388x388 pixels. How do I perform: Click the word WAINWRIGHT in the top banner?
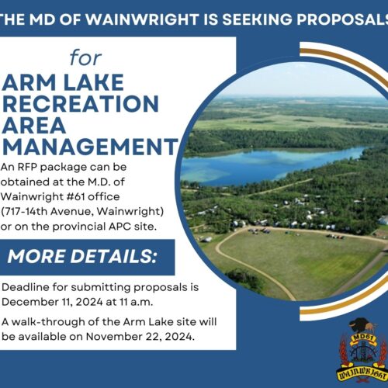(142, 19)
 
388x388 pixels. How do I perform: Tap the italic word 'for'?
(85, 57)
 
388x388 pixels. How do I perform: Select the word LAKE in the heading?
(94, 82)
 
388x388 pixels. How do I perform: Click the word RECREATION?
(80, 103)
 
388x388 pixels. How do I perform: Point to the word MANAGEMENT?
(90, 147)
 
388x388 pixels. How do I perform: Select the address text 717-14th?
(26, 212)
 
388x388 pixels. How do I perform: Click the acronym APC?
(120, 227)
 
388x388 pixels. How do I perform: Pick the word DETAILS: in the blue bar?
(113, 256)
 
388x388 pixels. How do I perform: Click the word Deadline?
(26, 287)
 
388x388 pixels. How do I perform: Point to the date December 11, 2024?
(52, 302)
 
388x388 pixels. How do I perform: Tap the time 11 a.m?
(136, 302)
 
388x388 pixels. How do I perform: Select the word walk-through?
(48, 322)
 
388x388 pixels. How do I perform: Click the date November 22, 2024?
(140, 337)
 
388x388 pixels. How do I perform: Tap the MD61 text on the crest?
(362, 337)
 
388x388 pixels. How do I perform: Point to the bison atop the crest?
(362, 325)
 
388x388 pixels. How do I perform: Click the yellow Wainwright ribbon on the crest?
(362, 373)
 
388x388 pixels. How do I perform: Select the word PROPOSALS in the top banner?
(342, 19)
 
